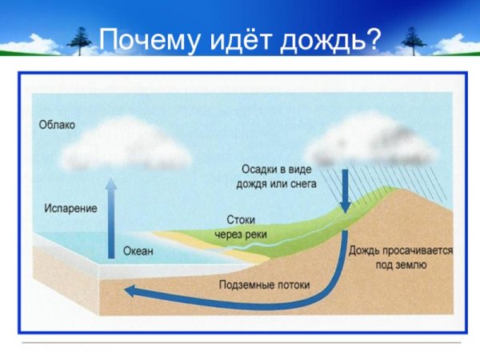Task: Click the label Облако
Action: [x=58, y=124]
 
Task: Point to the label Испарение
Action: [x=70, y=208]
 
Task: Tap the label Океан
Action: [x=138, y=251]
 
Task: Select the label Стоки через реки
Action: [x=237, y=226]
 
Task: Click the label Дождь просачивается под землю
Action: [x=400, y=257]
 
